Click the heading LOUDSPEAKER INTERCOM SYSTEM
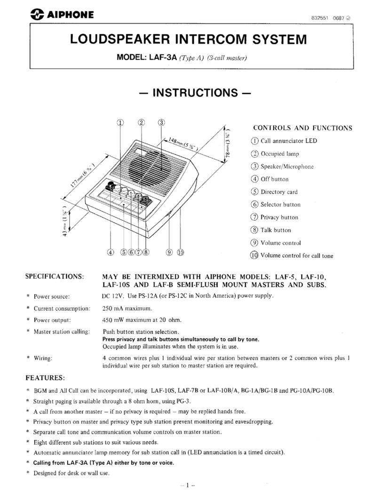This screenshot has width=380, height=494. pyautogui.click(x=190, y=41)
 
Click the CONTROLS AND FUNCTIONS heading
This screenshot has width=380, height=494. pyautogui.click(x=303, y=128)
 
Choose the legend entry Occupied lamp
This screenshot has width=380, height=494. pyautogui.click(x=280, y=154)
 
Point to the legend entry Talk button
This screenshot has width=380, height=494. pyautogui.click(x=277, y=230)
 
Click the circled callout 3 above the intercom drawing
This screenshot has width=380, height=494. pyautogui.click(x=161, y=122)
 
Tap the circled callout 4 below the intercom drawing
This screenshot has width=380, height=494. pyautogui.click(x=111, y=251)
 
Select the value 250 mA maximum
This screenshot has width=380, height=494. pyautogui.click(x=127, y=308)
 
